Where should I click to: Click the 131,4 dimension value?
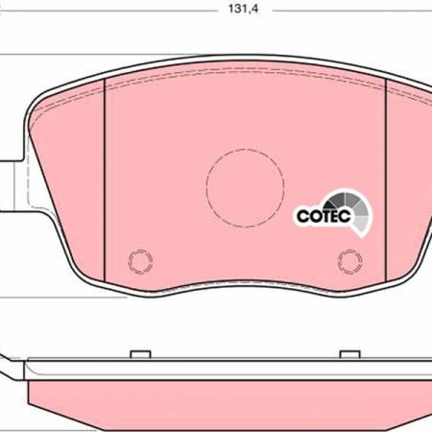(243, 9)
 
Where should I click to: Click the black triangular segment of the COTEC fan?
(330, 204)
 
